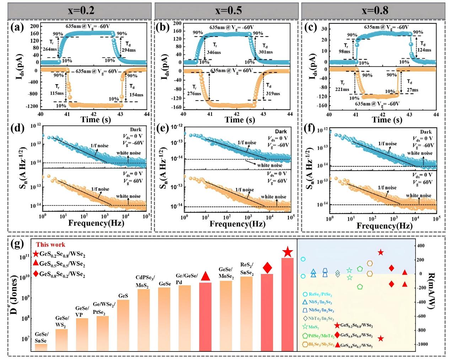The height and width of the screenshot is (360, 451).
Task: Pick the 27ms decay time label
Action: [x=412, y=90]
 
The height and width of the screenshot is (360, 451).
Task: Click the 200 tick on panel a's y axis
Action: [x=34, y=26]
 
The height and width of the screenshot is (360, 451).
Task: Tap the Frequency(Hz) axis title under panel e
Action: [x=237, y=224]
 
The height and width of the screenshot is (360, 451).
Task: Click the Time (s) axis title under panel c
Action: [x=387, y=120]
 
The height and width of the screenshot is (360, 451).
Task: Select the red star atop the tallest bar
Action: [x=288, y=252]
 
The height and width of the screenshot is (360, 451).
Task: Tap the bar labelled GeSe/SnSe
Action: [x=41, y=347]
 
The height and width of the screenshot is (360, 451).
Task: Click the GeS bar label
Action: [x=123, y=296]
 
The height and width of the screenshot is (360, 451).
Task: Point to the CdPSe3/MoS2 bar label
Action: [x=143, y=281]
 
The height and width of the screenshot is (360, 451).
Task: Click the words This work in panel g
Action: [x=51, y=245]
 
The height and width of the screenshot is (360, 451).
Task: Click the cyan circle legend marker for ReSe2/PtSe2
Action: [x=305, y=295]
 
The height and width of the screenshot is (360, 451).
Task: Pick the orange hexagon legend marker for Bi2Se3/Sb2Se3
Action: [x=305, y=344]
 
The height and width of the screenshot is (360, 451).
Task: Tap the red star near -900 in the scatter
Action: [x=380, y=338]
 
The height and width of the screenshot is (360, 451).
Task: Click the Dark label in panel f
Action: [x=426, y=132]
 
